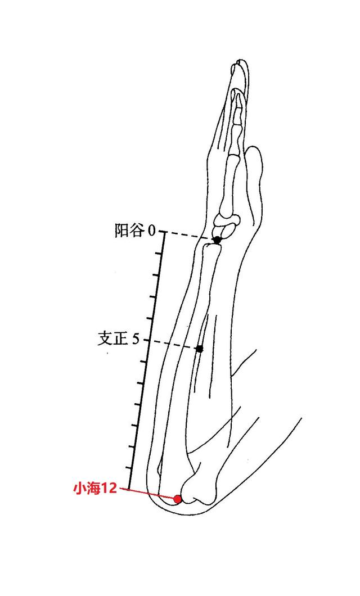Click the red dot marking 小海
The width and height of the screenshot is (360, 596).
click(178, 499)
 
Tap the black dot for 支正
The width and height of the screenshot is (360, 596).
click(200, 349)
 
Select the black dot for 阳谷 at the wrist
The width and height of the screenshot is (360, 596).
click(217, 241)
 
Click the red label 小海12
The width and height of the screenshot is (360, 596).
click(94, 489)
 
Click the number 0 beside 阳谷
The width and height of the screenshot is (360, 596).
click(151, 231)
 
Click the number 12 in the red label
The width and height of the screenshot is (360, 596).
click(109, 489)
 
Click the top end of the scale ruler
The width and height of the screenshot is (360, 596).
click(164, 233)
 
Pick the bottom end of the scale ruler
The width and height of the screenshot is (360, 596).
click(131, 488)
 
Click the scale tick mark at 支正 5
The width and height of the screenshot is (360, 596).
click(147, 341)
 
